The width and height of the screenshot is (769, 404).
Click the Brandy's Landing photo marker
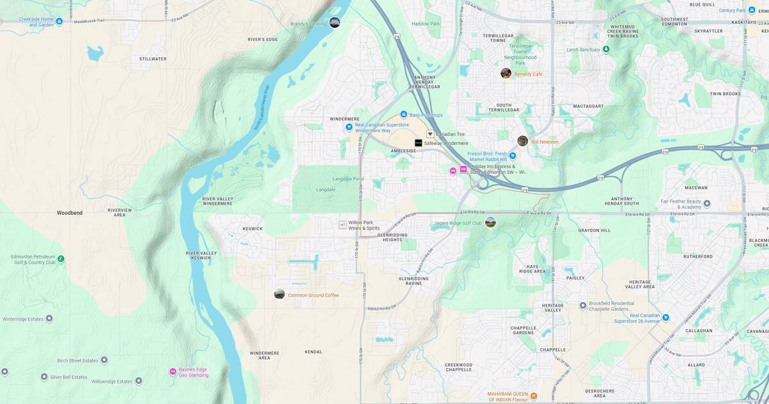[335, 22]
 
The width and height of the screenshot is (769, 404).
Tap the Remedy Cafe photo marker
[506, 73]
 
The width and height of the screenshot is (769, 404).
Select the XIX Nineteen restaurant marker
[523, 141]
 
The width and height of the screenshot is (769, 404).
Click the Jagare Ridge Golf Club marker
[490, 222]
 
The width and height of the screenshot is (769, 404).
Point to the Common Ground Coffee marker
[279, 294]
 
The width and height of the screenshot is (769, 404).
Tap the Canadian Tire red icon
[430, 134]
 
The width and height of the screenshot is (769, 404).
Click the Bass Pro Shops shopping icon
[404, 114]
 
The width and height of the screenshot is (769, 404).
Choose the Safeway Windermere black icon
[418, 143]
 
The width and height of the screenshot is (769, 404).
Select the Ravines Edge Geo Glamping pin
[172, 371]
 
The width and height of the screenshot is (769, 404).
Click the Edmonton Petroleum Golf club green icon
[61, 259]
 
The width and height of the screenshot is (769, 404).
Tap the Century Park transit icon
[752, 10]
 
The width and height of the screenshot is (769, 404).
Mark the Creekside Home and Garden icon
[59, 22]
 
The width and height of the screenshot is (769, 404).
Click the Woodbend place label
[69, 212]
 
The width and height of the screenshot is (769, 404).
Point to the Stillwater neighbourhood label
[153, 58]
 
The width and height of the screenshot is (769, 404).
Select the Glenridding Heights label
[398, 237]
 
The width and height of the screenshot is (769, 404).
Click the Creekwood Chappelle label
[458, 367]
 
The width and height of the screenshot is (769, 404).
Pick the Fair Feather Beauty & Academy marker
[707, 204]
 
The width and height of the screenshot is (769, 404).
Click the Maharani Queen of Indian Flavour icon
[534, 396]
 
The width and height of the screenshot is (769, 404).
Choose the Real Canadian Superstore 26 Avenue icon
[665, 317]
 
